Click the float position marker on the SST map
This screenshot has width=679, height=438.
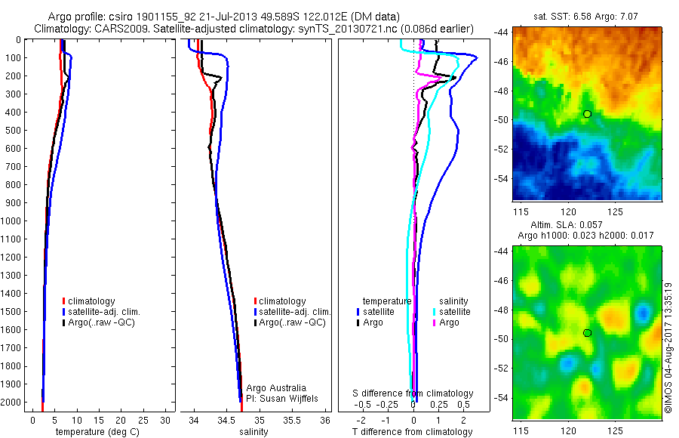587,113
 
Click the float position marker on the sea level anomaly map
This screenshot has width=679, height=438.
587,333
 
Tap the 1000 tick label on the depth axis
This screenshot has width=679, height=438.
14,221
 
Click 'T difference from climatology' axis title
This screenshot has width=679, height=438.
413,432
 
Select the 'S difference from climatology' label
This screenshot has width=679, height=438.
413,394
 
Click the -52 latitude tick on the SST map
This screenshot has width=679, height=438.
502,149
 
